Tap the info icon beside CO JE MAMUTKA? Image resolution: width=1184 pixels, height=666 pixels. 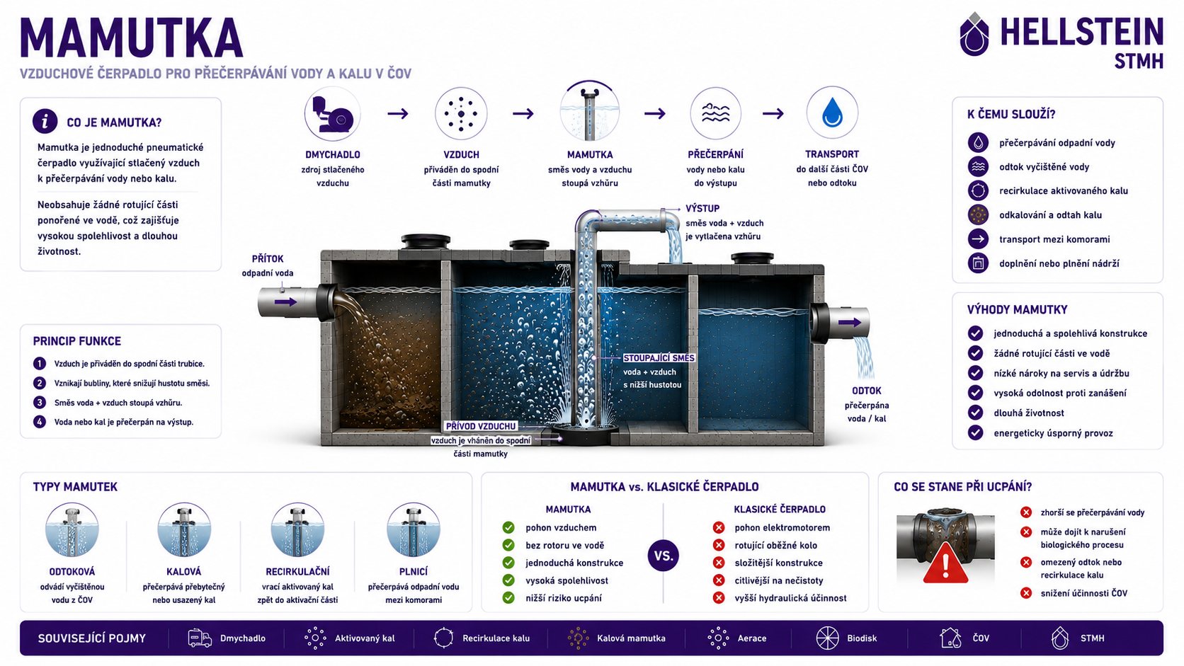click(x=45, y=122)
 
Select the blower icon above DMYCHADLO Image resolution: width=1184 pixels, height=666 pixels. click(x=333, y=114)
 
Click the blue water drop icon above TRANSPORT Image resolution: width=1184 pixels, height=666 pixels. click(x=832, y=113)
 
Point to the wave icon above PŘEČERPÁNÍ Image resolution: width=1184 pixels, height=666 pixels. click(x=715, y=113)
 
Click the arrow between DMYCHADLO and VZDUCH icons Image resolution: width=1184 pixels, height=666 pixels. click(x=398, y=113)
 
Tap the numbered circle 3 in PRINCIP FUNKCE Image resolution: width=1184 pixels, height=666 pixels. click(x=40, y=403)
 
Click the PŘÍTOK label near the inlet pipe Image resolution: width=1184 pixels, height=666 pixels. click(x=268, y=259)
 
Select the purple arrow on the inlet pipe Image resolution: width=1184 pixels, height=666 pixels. click(x=286, y=302)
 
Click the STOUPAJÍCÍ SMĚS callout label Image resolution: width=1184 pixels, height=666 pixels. click(x=659, y=357)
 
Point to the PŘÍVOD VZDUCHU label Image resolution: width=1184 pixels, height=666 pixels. click(x=481, y=426)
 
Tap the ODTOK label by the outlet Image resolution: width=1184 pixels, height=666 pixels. click(x=866, y=391)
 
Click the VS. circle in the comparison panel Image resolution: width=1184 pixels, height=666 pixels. click(x=663, y=556)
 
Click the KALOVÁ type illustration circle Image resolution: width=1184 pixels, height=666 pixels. click(x=184, y=529)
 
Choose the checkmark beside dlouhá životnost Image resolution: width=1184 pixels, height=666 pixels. click(x=975, y=413)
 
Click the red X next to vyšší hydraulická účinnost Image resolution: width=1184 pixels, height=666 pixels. click(x=718, y=598)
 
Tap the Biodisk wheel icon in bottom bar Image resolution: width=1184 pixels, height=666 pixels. click(x=827, y=638)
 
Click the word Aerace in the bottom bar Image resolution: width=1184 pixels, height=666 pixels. click(x=751, y=638)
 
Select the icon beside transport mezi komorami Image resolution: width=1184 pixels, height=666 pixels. click(x=978, y=239)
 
